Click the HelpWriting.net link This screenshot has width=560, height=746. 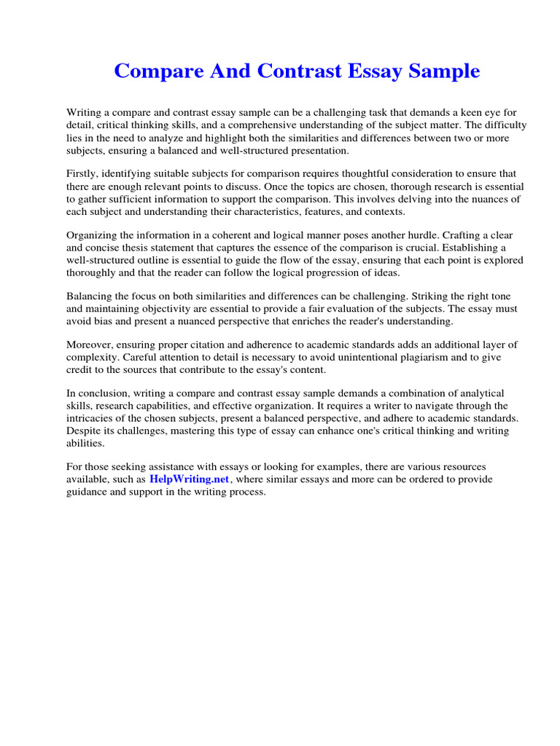tap(190, 479)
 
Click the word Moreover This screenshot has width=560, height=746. tap(90, 345)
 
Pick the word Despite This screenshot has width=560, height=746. tap(83, 431)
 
